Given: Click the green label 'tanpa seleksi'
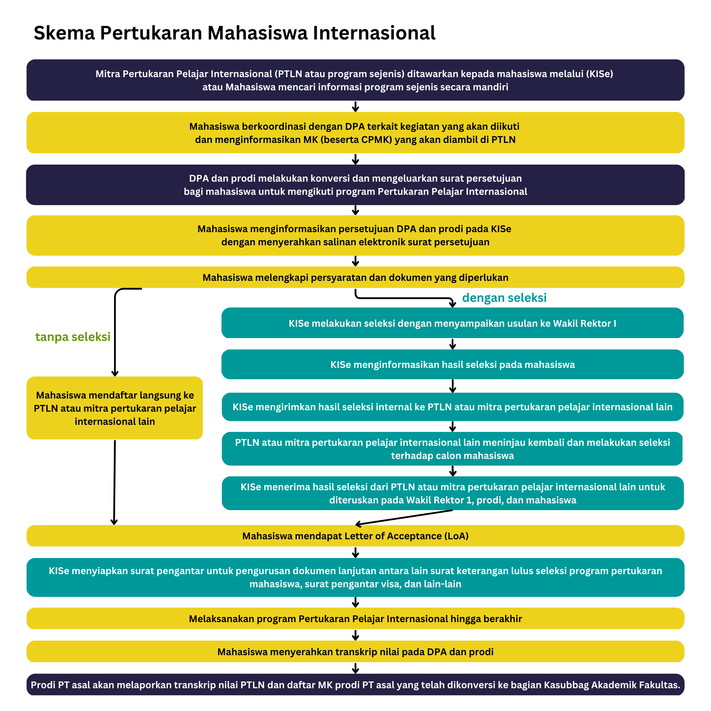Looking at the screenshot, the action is coord(73,337).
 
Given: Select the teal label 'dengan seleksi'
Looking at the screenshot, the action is coord(504,297).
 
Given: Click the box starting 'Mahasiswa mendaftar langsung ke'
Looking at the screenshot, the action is coord(115,408).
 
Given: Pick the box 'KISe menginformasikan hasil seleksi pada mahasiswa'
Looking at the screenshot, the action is coord(453,364).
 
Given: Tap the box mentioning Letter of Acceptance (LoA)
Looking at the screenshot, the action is coord(355,536).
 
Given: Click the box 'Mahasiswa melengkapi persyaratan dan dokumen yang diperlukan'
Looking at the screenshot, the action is coord(355,277).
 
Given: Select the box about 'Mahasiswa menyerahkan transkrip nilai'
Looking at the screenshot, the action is coord(355,652).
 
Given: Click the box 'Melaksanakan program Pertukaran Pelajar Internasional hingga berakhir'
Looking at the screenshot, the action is coord(355,619).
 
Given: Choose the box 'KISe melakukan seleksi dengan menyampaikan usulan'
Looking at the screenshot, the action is coord(453,323).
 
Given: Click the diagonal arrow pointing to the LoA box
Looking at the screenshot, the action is coord(404,517).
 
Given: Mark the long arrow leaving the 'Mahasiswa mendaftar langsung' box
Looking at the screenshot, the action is coord(114,482).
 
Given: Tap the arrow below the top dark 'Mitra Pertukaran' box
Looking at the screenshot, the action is coord(355,106).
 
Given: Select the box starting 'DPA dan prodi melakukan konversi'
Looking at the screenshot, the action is coord(355,185).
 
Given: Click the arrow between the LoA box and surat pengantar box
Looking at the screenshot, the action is coord(355,552).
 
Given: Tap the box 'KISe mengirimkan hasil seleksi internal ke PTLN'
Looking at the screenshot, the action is coord(453,407).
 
